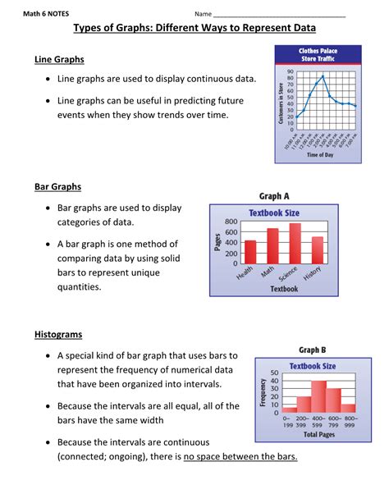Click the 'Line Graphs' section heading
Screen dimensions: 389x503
(59, 60)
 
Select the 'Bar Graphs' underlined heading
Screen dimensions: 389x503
(57, 187)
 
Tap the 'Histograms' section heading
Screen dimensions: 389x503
(58, 335)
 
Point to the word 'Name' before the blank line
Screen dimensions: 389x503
(203, 14)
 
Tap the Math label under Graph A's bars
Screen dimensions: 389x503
(268, 273)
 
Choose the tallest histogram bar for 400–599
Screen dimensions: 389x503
(318, 396)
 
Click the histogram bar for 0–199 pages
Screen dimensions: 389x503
(290, 408)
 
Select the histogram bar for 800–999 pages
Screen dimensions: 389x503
(348, 407)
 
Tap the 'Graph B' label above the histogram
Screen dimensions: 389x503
(313, 350)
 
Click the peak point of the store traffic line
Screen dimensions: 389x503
(323, 76)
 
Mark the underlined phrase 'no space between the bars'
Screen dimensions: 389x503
(240, 457)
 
